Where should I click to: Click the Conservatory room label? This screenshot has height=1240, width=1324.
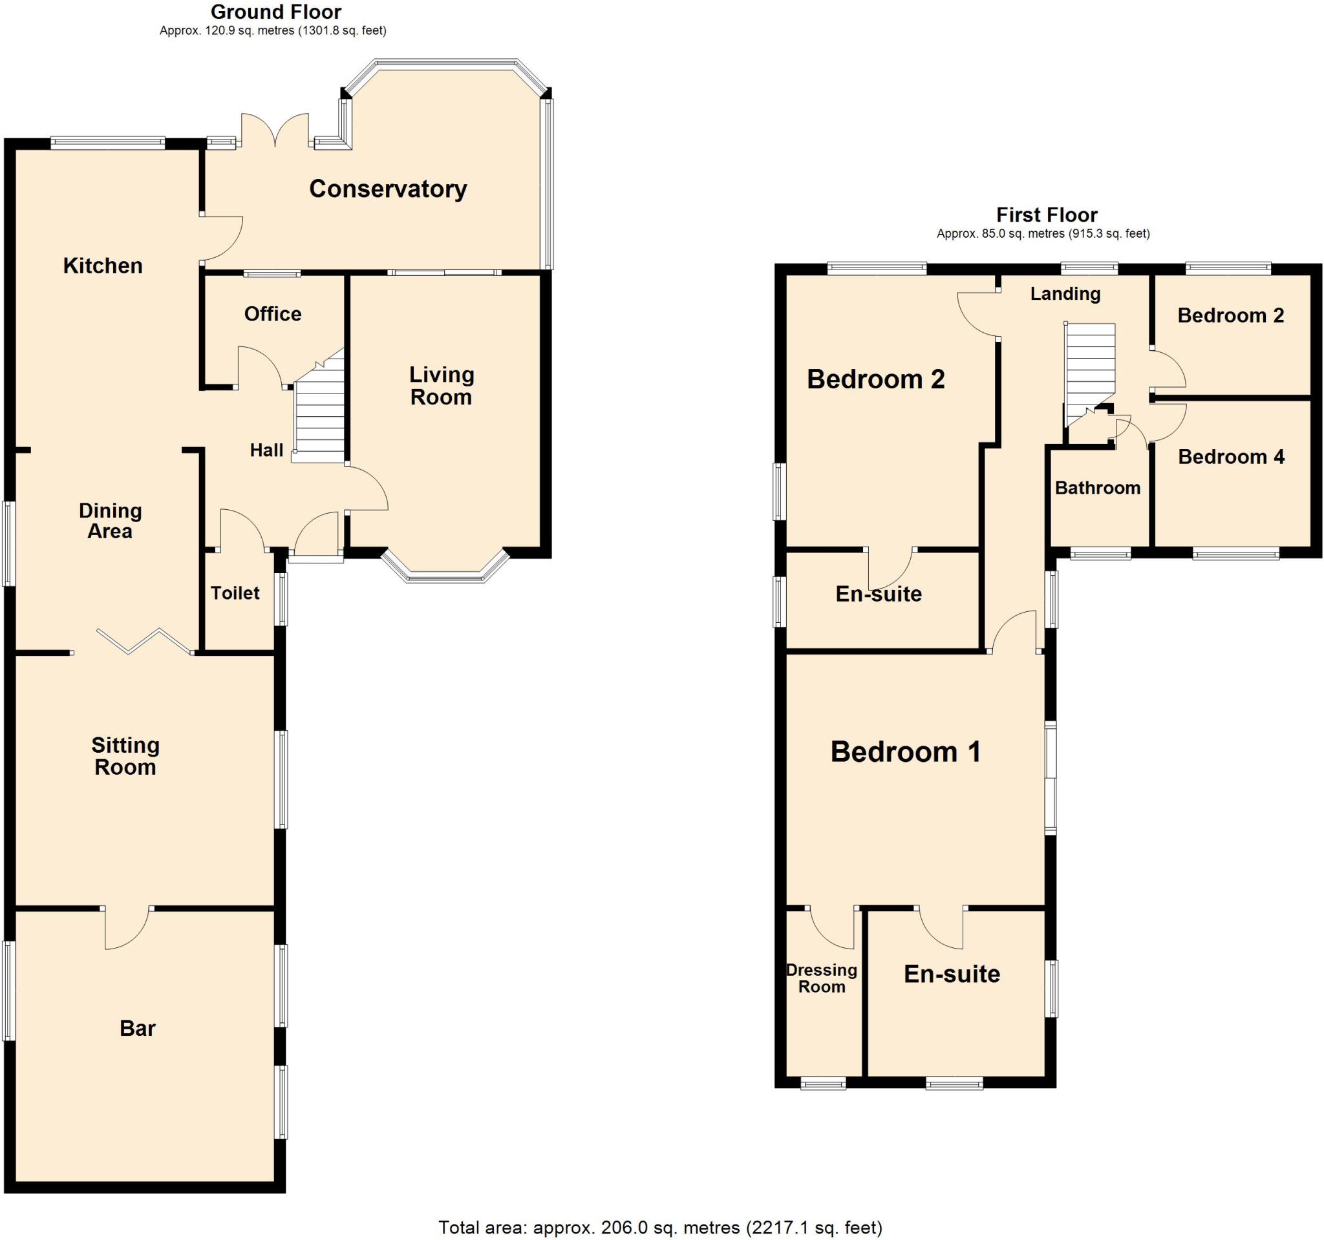pos(388,189)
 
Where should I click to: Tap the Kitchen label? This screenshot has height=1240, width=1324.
pos(103,266)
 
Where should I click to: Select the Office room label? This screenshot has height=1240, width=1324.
pos(272,313)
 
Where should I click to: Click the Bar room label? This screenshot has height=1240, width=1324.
pos(137,1027)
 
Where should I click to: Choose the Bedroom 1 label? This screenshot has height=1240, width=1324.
pos(905,751)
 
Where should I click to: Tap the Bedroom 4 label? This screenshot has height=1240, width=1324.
pos(1231,457)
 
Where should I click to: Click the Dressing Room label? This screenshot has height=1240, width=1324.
pos(821,978)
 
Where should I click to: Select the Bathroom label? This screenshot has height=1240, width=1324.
pos(1097,488)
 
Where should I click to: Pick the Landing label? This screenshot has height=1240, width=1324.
pos(1065,293)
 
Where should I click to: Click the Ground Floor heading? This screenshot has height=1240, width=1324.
pos(275,12)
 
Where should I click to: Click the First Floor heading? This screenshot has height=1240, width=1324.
pos(1046,215)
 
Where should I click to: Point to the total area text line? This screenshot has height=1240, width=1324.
pos(660,1226)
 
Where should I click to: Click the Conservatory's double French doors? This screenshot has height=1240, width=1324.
pos(274,131)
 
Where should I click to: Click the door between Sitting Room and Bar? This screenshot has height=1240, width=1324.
pos(127,927)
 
